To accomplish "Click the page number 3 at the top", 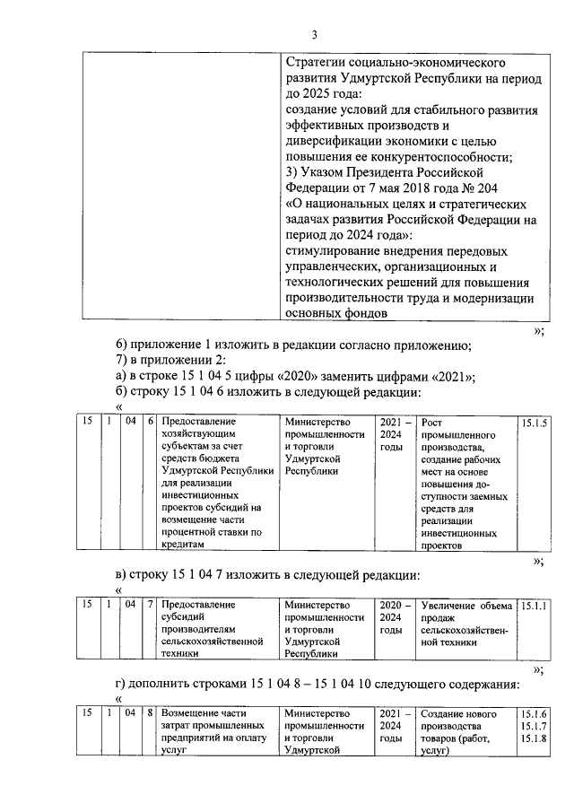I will pyautogui.click(x=314, y=34).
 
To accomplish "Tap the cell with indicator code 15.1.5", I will pyautogui.click(x=535, y=422).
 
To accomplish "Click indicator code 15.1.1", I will pyautogui.click(x=535, y=605).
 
